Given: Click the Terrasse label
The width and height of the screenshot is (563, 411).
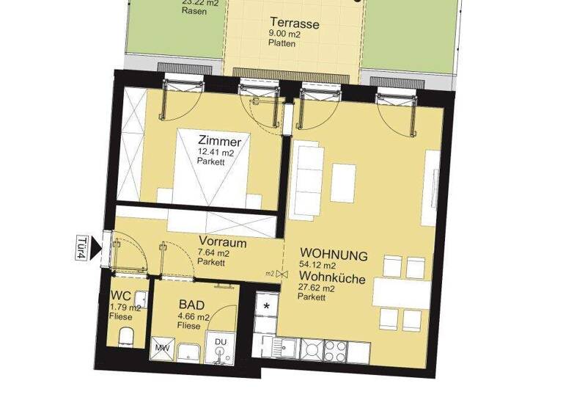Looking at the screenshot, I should pos(293,23).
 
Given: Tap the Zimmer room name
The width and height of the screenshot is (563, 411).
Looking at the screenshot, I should pos(220,140).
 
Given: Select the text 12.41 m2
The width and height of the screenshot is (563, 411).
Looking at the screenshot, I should pos(214,153).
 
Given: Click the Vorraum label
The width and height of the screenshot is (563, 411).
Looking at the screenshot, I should pos(222,241).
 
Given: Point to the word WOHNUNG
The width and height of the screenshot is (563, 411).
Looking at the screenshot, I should pos(334,255).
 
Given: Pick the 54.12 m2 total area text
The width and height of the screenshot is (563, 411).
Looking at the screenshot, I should pos(317,266).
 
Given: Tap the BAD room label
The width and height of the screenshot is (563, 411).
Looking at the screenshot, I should pos(192,305).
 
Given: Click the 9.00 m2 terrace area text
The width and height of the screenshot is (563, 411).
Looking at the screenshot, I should pos(282,34).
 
